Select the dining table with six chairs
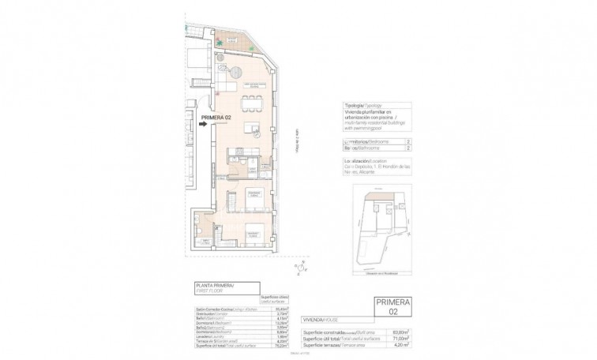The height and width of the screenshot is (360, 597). [x=252, y=102]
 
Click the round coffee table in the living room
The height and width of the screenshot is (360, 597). [x=235, y=73]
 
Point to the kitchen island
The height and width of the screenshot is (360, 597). [x=252, y=129]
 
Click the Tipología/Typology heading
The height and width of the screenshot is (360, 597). [x=362, y=105]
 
